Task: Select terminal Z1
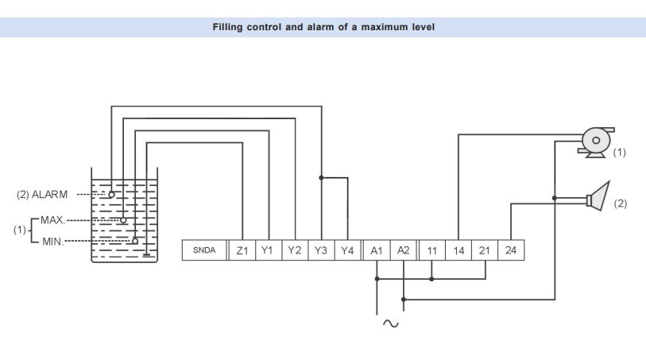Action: point(242,250)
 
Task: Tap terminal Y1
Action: point(268,250)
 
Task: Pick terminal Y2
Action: point(295,250)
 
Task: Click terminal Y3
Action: point(321,250)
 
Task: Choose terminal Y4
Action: point(347,250)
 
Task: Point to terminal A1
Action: point(377,250)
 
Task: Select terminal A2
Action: point(404,250)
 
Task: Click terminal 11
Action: point(431,250)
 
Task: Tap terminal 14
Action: point(458,250)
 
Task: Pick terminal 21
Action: point(485,250)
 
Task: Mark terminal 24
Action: point(512,250)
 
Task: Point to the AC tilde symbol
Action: point(391,323)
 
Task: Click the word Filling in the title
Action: point(230,27)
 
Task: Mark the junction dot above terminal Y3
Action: point(321,177)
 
